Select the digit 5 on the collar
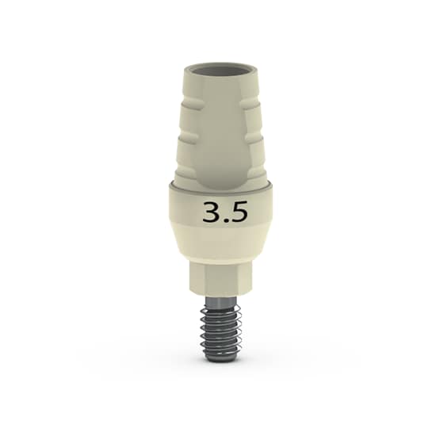235,212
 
